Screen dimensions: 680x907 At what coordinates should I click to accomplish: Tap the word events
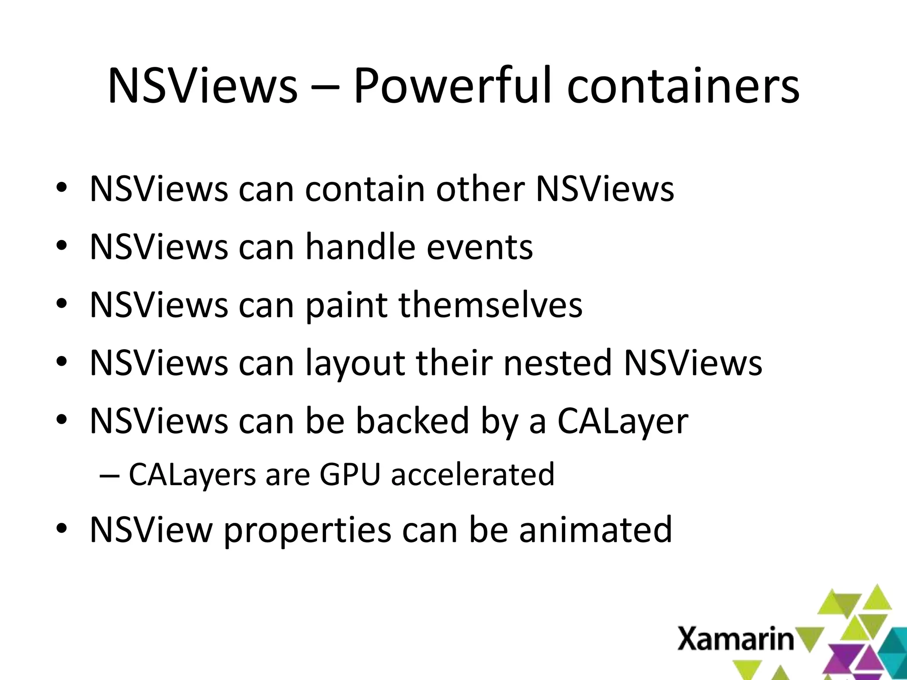tap(479, 248)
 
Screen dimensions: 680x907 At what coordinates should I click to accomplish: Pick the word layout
tap(355, 363)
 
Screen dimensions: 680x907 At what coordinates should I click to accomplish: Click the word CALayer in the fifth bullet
tap(622, 421)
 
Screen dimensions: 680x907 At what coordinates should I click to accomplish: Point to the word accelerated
tap(473, 474)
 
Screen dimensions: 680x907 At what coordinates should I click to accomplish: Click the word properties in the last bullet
tap(307, 530)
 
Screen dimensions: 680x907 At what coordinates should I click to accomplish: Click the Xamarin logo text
tap(736, 639)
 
